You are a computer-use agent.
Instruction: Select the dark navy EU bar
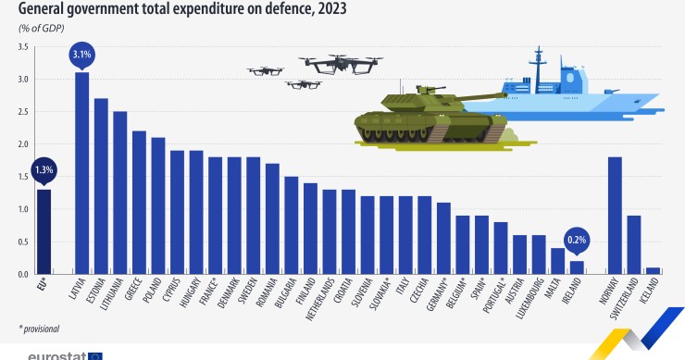coord(44,231)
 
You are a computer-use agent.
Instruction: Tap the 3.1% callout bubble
coord(81,56)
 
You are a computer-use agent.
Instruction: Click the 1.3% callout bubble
coord(44,170)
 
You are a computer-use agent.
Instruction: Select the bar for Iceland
coord(653,271)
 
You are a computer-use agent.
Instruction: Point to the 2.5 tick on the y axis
coord(23,112)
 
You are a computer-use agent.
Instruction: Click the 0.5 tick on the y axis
coord(23,242)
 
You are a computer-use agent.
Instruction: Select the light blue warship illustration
coord(574,88)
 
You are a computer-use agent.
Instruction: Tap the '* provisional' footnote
coord(39,329)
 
